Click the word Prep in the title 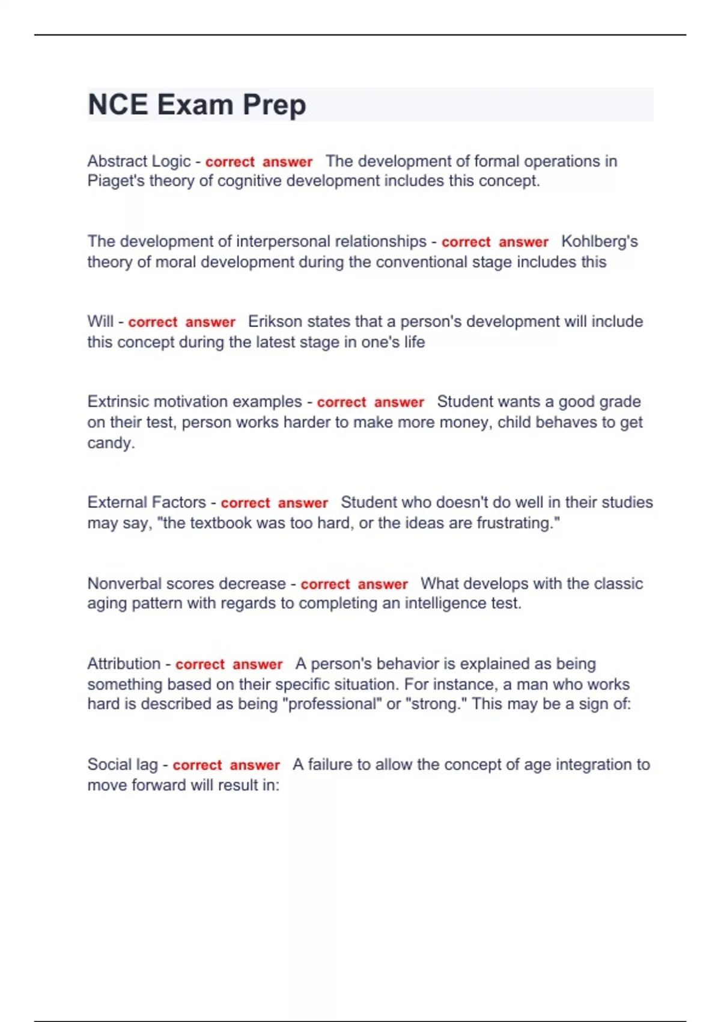[x=274, y=105]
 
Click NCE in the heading [x=118, y=105]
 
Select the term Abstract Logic [x=139, y=161]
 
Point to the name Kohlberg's [x=599, y=242]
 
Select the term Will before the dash [x=100, y=322]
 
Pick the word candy [x=111, y=443]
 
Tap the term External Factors [x=146, y=503]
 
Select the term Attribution [x=124, y=664]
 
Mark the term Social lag [x=123, y=765]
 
